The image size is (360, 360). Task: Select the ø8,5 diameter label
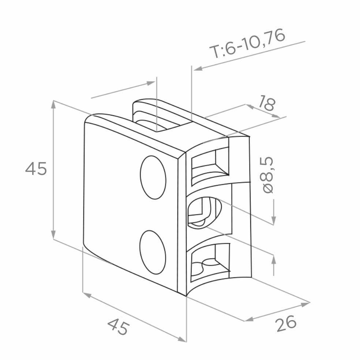click(x=267, y=175)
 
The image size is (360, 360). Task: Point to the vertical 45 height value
click(x=36, y=169)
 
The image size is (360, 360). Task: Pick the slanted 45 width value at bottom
click(x=119, y=327)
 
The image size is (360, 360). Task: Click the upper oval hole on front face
click(x=153, y=177)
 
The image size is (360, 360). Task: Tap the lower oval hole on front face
click(x=153, y=252)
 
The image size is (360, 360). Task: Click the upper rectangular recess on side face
click(x=210, y=165)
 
